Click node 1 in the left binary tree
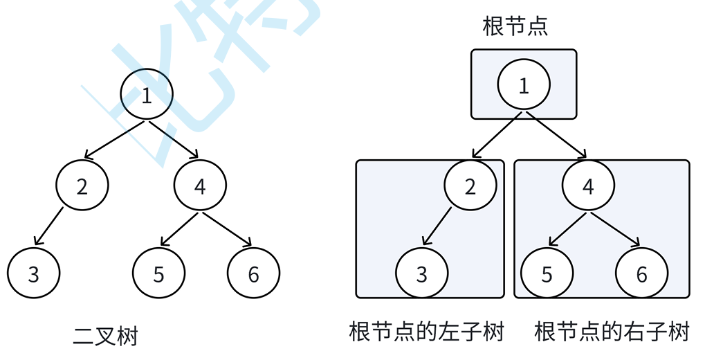(x=146, y=96)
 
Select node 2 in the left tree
(x=82, y=187)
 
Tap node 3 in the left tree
(x=34, y=274)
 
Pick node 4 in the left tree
(x=200, y=187)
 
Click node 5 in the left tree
(x=158, y=274)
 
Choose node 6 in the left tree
(x=253, y=274)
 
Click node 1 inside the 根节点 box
(x=524, y=86)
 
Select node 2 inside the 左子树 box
(x=470, y=187)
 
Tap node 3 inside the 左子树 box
(x=422, y=274)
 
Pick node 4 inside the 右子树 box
(x=588, y=187)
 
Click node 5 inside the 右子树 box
(x=547, y=274)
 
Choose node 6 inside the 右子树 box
(x=641, y=274)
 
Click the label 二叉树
(x=105, y=336)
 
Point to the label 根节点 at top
(x=515, y=26)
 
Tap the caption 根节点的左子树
(x=427, y=332)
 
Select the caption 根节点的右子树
(x=612, y=332)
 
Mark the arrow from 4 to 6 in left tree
(x=227, y=228)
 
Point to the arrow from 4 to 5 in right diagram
(x=568, y=228)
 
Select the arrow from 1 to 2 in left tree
(x=115, y=140)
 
